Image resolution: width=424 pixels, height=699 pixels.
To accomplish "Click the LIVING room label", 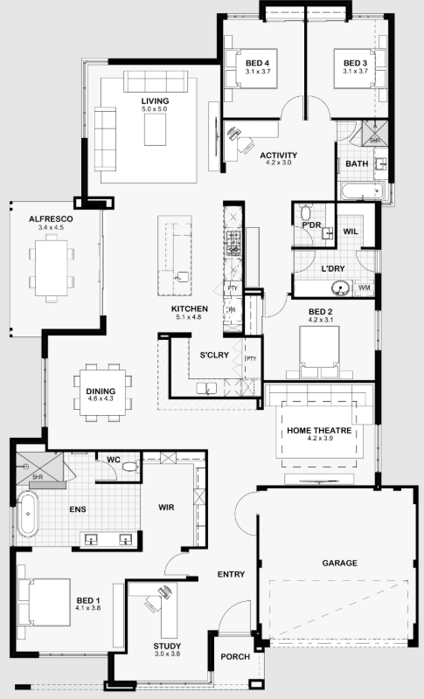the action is [x=155, y=101].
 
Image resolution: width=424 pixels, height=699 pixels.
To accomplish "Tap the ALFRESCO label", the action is [x=51, y=219].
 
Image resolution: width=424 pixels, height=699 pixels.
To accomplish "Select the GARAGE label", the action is [x=340, y=563].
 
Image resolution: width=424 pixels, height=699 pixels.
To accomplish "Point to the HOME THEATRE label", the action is [x=319, y=431].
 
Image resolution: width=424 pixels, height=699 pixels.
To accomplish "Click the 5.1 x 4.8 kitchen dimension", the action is [x=189, y=317].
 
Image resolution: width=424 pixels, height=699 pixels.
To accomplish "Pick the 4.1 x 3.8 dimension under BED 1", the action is [x=87, y=607].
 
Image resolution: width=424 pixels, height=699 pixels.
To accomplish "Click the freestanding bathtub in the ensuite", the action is [x=28, y=514].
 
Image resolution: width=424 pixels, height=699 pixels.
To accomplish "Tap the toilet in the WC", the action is [x=130, y=467].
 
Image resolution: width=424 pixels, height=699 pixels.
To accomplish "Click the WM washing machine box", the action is [x=365, y=288].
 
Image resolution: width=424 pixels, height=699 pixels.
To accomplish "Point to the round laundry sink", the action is [x=342, y=288].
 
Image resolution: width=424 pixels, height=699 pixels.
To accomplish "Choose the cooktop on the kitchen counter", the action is [x=233, y=243].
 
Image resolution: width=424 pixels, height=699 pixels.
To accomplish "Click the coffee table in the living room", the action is [x=155, y=129].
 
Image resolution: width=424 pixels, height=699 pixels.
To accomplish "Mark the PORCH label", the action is [x=235, y=657].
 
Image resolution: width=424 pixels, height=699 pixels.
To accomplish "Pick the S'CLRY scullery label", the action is [x=214, y=356].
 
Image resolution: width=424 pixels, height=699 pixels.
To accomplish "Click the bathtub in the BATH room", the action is [x=362, y=191].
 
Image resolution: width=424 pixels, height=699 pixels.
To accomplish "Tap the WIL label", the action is [x=351, y=232].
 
